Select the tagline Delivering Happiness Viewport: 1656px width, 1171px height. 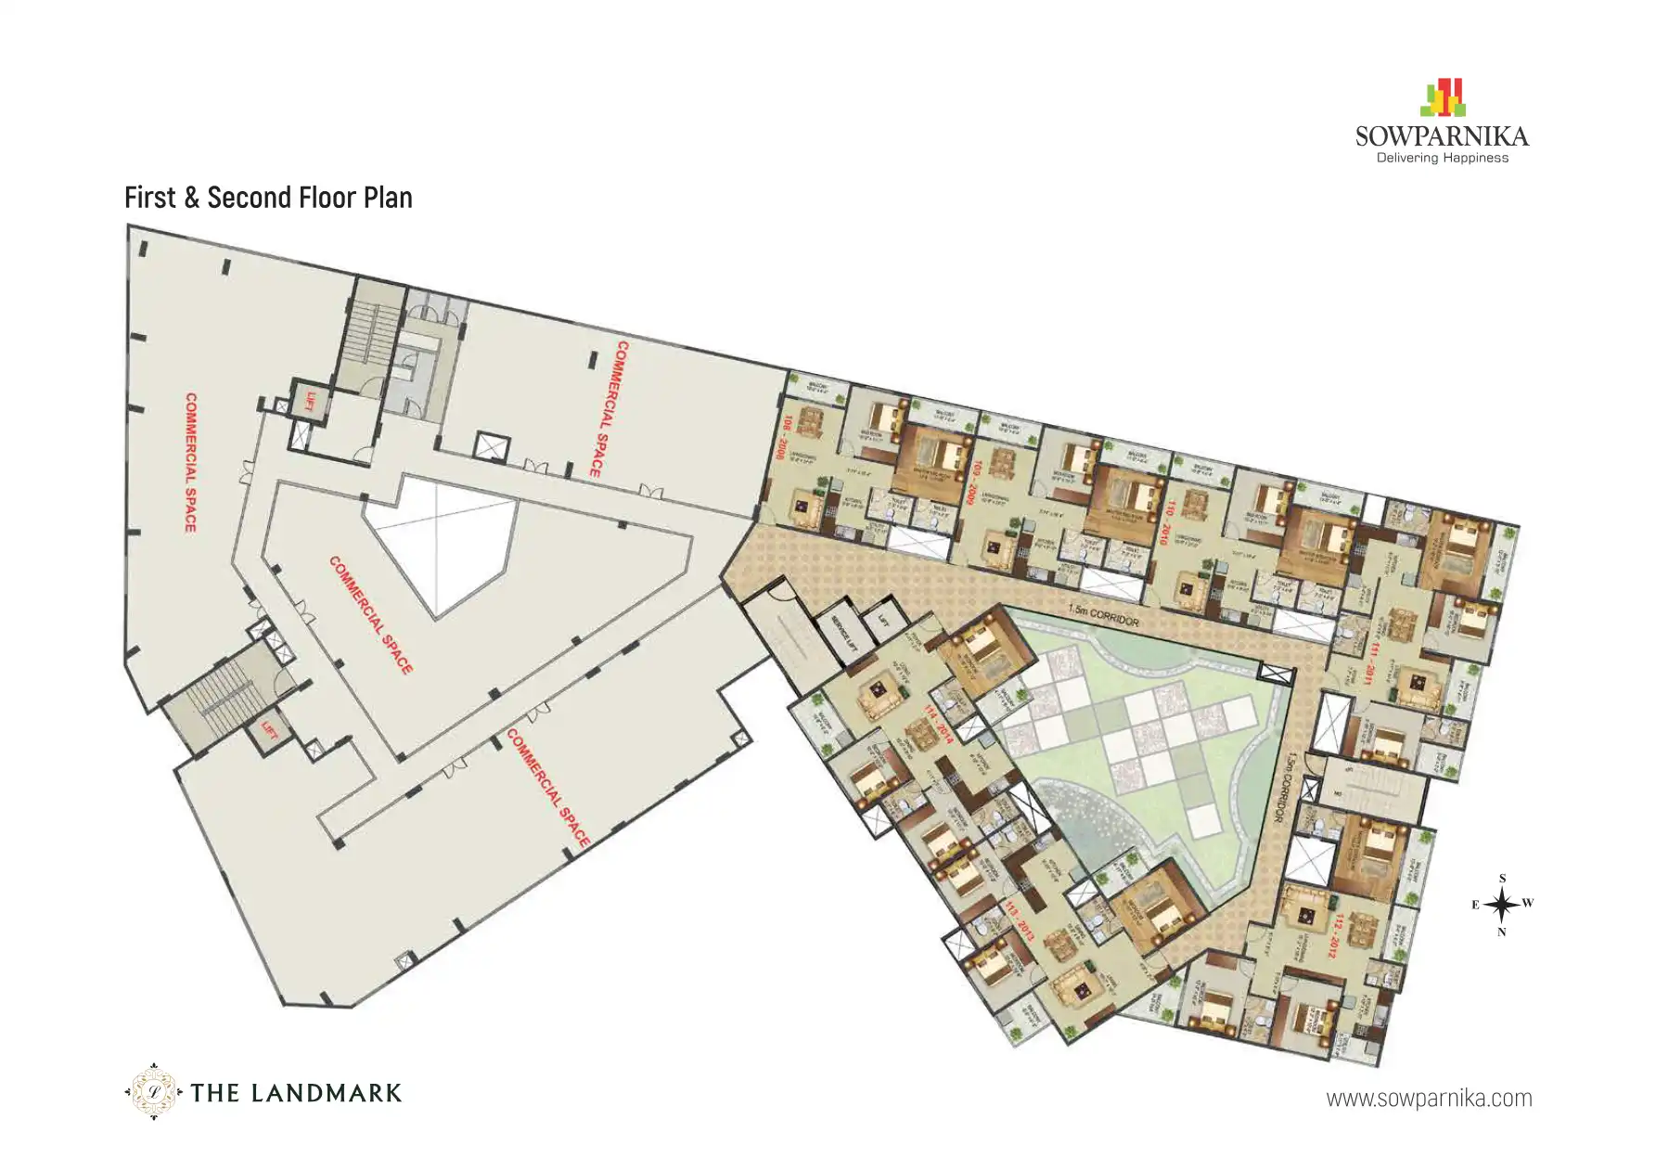[1442, 159]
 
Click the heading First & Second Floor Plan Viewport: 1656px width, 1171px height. [268, 198]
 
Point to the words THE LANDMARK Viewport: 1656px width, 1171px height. [296, 1093]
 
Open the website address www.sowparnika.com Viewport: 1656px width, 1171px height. [1429, 1099]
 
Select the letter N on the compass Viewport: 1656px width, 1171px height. [1502, 933]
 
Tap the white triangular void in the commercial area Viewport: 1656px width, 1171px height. [445, 547]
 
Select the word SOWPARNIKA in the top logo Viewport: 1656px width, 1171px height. [1442, 136]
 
